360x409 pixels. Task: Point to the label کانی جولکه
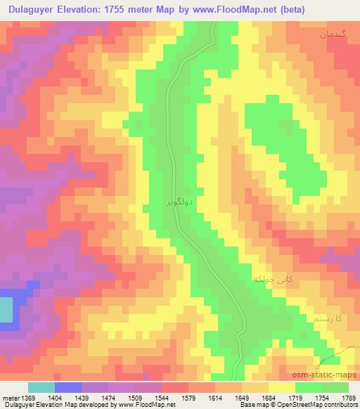coord(271,279)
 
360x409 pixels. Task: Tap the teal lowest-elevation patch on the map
coord(6,311)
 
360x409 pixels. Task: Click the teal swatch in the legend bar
coord(41,387)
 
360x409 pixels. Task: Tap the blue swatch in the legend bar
coord(67,387)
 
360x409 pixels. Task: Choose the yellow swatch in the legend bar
coord(282,387)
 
